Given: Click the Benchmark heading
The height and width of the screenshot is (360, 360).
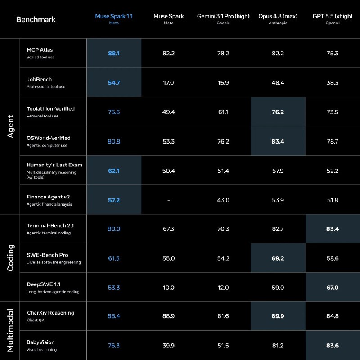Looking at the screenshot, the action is [x=36, y=19].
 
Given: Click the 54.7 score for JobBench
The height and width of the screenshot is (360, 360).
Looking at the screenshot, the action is [x=114, y=83].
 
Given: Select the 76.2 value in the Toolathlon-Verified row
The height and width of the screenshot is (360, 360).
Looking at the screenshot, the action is [x=278, y=112].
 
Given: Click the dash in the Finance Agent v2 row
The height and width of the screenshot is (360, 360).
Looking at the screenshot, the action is [x=168, y=200].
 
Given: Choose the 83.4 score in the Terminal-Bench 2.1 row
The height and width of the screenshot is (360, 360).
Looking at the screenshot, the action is [x=333, y=229].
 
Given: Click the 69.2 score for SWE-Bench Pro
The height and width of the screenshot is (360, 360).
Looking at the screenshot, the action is [x=278, y=258].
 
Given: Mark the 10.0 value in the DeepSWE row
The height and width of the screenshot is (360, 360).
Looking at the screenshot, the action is [x=168, y=288].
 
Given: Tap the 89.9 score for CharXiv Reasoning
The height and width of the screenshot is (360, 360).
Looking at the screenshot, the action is [x=278, y=316].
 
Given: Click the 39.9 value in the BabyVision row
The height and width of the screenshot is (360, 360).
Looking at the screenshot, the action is [x=168, y=346].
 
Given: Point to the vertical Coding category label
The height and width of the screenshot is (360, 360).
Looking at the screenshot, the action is [x=10, y=258].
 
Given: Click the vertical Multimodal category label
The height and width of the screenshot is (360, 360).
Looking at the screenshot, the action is [x=10, y=331].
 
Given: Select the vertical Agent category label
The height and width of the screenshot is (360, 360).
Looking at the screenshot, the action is [x=10, y=126].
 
